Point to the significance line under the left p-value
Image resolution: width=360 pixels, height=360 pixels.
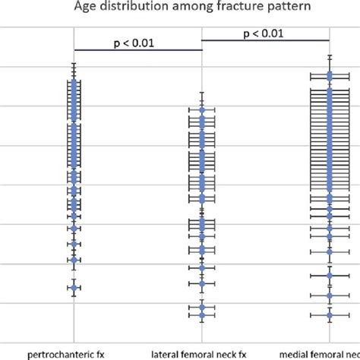(x=137, y=50)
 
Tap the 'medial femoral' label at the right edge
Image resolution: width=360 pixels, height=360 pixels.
(x=319, y=354)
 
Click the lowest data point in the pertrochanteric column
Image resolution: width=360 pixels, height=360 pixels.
(x=74, y=287)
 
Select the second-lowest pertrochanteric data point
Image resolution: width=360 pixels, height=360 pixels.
(x=74, y=260)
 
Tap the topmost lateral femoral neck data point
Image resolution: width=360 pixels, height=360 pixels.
(x=202, y=111)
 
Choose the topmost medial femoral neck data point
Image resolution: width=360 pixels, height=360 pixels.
(x=330, y=76)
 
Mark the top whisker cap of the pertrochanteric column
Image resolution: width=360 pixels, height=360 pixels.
(x=74, y=64)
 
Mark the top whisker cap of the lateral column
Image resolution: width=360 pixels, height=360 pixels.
(x=202, y=93)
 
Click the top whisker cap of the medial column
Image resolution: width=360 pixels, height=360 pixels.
(x=330, y=55)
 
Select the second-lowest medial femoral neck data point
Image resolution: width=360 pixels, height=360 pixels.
(x=330, y=295)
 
